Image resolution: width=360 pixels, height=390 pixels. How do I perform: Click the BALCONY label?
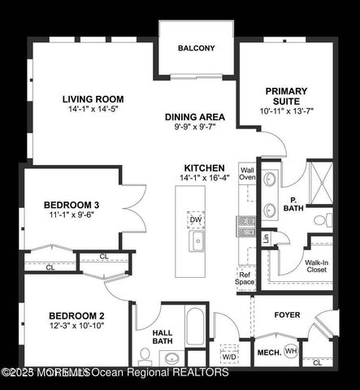pos(196,48)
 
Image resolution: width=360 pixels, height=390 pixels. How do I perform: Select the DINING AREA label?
pos(195,117)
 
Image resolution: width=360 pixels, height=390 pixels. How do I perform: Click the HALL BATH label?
pos(163,336)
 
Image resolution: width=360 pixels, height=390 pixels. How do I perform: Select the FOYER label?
pos(287,314)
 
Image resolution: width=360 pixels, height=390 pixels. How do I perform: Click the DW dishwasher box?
pos(196,220)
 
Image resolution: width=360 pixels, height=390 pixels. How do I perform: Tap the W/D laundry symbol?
pos(229,355)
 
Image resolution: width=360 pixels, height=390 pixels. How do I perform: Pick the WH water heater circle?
pos(291,351)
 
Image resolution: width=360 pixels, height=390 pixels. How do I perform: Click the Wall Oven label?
pos(247,172)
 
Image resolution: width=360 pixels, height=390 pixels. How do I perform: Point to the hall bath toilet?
pos(145,354)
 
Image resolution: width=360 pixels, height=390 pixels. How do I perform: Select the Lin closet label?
pos(265,238)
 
